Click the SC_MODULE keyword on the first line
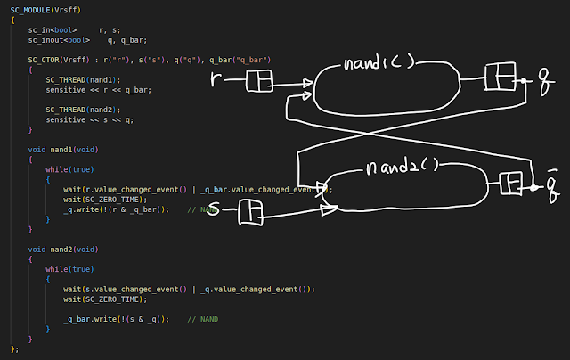coord(31,7)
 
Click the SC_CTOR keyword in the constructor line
coord(45,59)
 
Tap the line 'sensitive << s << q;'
coord(91,119)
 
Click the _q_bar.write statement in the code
coord(116,319)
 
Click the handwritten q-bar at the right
coord(552,185)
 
